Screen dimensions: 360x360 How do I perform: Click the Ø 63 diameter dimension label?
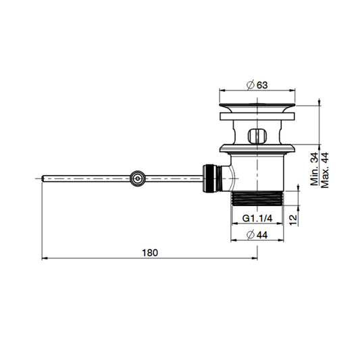257,85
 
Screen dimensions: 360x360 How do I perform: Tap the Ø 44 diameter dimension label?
257,235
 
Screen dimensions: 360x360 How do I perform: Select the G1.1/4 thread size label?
257,218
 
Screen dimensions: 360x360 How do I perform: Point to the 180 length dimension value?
150,253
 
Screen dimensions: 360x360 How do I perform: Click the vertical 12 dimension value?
293,220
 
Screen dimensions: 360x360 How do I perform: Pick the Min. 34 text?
314,169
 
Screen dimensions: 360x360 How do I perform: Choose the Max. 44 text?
325,170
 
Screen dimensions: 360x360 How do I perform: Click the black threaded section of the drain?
257,199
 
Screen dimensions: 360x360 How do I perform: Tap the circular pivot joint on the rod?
138,178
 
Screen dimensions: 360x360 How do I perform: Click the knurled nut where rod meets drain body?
209,178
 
